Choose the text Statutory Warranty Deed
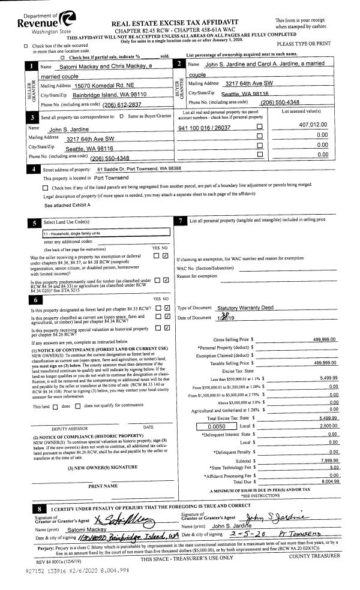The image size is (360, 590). tap(245, 308)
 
